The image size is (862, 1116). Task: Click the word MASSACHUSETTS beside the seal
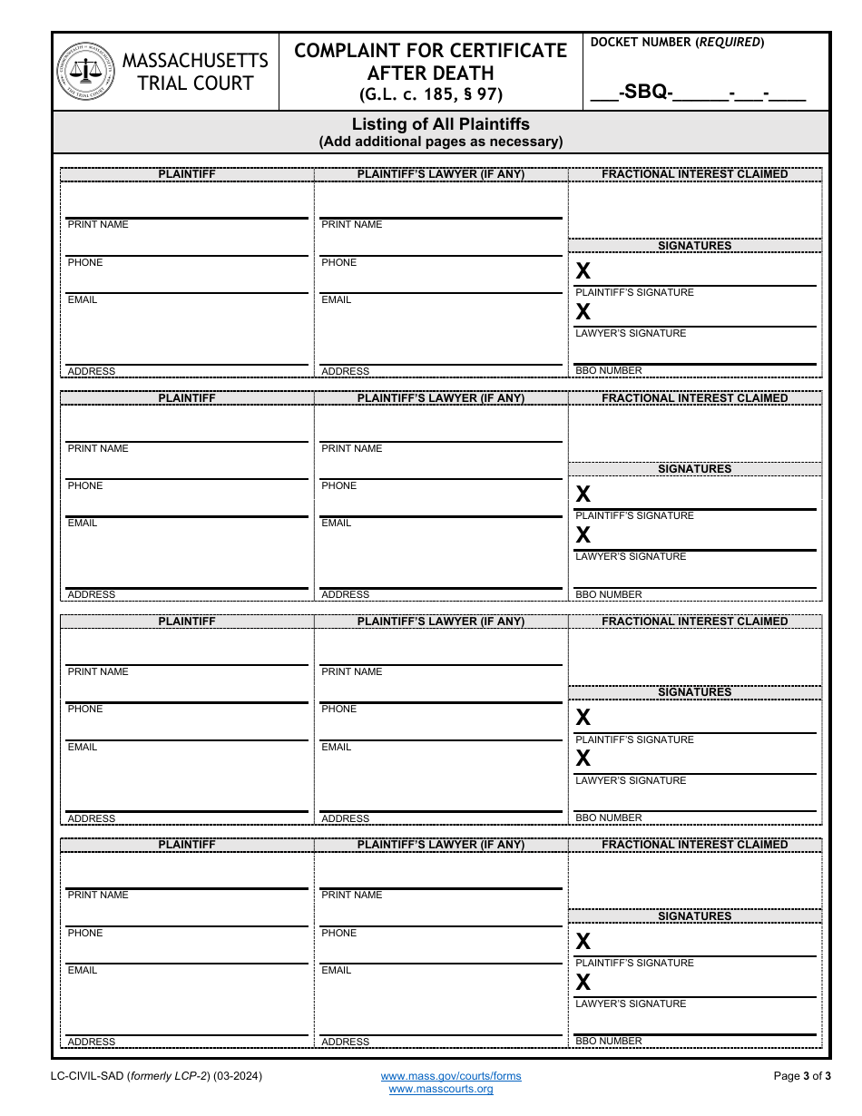[x=195, y=61]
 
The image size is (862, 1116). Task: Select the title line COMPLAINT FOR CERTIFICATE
[x=431, y=51]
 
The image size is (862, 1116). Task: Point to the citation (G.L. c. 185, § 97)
[x=431, y=94]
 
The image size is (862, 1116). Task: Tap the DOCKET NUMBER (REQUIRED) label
[x=677, y=42]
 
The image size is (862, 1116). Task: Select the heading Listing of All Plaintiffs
[x=441, y=124]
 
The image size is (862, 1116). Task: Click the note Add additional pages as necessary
[x=441, y=142]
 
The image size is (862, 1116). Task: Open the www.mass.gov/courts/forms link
[x=451, y=1076]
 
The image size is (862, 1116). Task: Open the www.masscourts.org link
[x=441, y=1089]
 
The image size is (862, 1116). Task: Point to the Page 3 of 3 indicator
[x=802, y=1076]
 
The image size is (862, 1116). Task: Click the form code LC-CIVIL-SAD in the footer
[x=89, y=1076]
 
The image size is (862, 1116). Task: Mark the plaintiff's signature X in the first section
[x=583, y=270]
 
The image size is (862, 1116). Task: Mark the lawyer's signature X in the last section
[x=583, y=982]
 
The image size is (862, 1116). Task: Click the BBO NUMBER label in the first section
[x=609, y=371]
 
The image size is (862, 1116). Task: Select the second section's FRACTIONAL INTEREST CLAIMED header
[x=695, y=398]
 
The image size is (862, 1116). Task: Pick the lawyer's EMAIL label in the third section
[x=336, y=748]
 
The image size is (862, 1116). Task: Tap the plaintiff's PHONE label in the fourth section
[x=85, y=934]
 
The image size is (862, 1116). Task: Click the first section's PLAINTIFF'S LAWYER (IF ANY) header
[x=441, y=174]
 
